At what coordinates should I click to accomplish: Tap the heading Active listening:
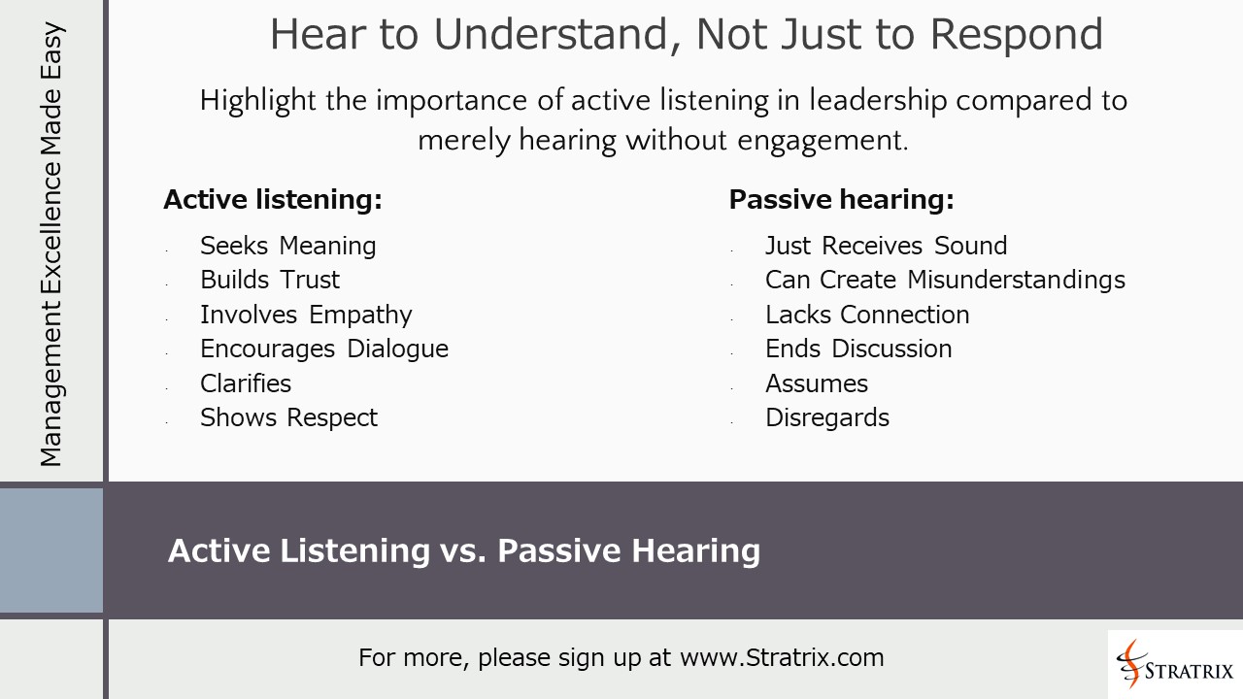coord(273,200)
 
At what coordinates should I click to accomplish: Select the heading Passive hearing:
coord(841,200)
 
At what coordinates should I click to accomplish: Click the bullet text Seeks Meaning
coord(287,246)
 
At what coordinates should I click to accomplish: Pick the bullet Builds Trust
coord(270,280)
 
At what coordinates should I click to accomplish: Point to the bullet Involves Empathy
coord(306,315)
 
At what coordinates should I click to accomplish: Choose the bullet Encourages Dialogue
coord(324,349)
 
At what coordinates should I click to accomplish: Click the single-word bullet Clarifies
coord(246,383)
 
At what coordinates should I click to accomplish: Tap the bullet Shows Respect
coord(288,417)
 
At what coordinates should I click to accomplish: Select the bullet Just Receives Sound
coord(886,246)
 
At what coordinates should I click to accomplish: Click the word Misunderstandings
coord(1016,280)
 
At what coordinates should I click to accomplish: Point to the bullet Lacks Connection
coord(867,315)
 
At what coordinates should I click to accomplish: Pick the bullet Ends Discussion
coord(858,349)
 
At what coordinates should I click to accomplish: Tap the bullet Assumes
coord(817,383)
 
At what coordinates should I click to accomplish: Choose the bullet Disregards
coord(827,417)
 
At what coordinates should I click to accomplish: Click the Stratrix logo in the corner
coord(1175,664)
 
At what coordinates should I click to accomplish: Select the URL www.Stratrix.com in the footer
coord(782,657)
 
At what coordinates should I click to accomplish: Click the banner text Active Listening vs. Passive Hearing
coord(464,550)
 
